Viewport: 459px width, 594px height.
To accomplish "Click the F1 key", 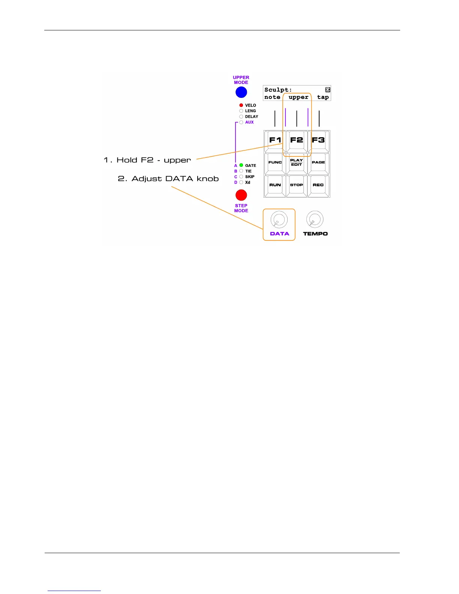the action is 275,141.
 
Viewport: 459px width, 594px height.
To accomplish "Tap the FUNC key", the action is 275,163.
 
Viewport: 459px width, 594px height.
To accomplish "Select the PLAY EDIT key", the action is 296,163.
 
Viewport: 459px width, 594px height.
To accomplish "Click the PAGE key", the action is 318,163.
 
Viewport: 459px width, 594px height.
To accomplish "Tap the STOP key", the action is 296,185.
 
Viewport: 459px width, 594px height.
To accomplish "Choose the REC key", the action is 318,185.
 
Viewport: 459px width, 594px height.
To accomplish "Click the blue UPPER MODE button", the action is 241,92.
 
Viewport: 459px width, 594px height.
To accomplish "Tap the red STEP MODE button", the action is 241,195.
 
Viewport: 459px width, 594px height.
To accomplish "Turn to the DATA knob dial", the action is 279,219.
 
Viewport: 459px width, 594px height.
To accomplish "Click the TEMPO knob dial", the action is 315,219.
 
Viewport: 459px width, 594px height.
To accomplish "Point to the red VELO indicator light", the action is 241,105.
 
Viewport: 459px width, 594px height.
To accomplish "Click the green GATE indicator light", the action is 241,165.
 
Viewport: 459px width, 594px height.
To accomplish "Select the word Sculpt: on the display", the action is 278,90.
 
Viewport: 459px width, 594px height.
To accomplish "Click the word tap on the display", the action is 323,97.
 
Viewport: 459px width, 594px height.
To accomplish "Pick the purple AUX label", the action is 249,122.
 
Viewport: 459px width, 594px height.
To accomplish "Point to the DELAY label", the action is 252,117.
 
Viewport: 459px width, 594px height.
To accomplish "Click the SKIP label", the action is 250,177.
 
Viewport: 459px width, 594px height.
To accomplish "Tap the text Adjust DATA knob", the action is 175,179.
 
